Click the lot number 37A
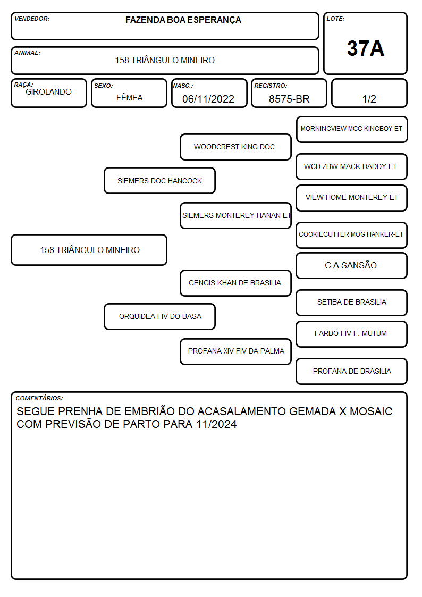click(365, 48)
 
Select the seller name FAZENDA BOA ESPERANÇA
click(183, 20)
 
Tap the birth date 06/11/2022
click(208, 99)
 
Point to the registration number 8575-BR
click(289, 99)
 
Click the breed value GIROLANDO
click(48, 92)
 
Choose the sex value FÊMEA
click(129, 97)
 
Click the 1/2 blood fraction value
click(369, 99)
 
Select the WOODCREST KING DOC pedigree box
click(235, 147)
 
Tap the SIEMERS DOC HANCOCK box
click(160, 181)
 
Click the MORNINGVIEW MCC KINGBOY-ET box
click(352, 130)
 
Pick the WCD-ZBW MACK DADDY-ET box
click(352, 167)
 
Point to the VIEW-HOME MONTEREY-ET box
click(352, 198)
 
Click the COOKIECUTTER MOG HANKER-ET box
click(352, 235)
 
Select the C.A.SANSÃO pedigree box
click(352, 266)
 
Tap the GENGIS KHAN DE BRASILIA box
click(235, 283)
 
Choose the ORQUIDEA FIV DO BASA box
click(160, 317)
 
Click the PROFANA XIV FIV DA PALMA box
click(235, 351)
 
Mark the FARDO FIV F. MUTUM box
click(352, 334)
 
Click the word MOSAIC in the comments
click(371, 411)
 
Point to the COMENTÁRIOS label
click(39, 398)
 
